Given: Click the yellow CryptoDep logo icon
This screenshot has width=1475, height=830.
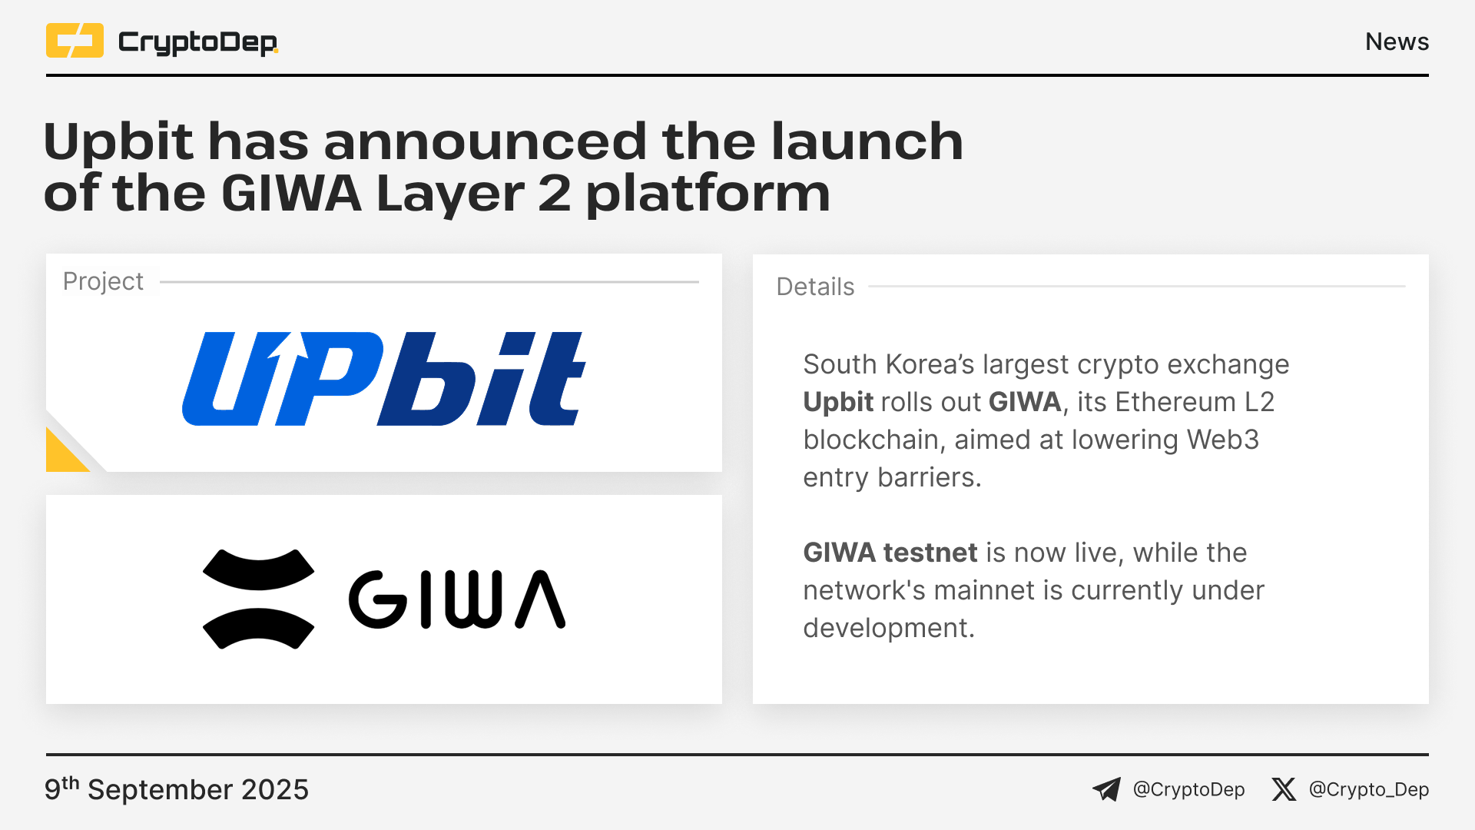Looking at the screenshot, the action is [75, 41].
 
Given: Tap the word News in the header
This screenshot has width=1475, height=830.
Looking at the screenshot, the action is [1397, 41].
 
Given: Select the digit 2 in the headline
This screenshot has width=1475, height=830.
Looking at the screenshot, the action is [554, 193].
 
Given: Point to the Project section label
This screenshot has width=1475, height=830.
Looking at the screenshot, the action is [103, 282].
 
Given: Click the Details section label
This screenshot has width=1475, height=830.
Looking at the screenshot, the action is [815, 287].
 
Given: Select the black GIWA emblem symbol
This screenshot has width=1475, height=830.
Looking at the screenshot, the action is [258, 599].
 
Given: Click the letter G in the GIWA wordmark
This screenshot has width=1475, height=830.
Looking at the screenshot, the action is [377, 599].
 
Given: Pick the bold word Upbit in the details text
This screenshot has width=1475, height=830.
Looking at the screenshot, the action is [838, 402].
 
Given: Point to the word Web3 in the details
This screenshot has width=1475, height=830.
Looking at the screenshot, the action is [1223, 440].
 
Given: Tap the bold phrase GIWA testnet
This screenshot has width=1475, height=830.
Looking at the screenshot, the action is [890, 553].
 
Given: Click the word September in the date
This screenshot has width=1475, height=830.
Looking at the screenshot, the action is [160, 790].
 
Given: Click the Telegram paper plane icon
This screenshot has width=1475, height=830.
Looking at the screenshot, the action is [1106, 789].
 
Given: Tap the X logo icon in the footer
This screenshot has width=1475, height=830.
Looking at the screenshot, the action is [1283, 789].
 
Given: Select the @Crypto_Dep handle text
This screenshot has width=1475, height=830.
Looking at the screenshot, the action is [1369, 790].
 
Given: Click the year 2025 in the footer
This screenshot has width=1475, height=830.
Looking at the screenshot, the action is [275, 790].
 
